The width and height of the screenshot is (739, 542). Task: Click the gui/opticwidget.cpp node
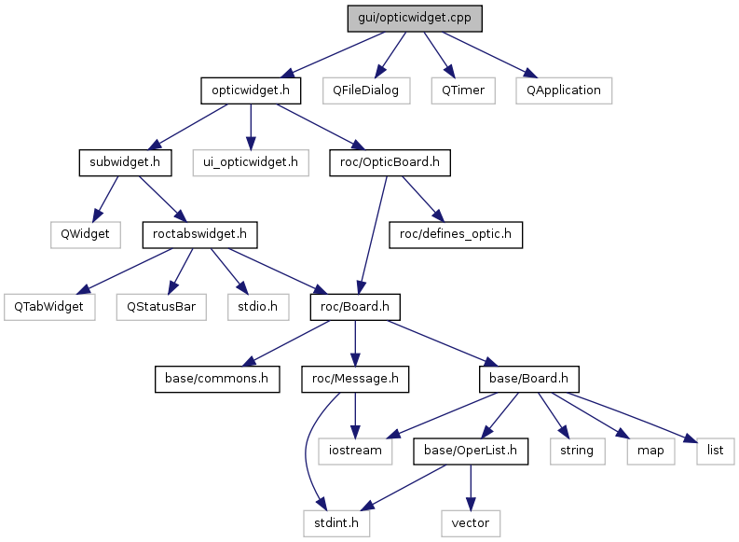[x=415, y=19]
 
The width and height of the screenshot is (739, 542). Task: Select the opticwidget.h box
[x=251, y=90]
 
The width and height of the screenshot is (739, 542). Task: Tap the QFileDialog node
[x=366, y=90]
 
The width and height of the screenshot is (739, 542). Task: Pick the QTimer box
[x=463, y=90]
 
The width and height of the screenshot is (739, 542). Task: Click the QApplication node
[x=564, y=90]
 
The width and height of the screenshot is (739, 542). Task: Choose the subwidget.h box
[x=125, y=162]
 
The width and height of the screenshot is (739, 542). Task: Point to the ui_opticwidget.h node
[x=251, y=162]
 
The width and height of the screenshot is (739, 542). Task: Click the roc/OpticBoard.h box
[x=390, y=162]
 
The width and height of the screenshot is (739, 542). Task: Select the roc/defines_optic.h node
[x=456, y=234]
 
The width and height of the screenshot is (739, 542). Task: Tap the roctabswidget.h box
[x=199, y=234]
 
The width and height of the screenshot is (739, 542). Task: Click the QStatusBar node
[x=161, y=307]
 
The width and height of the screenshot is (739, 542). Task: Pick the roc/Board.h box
[x=355, y=307]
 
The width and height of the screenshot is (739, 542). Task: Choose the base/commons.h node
[x=217, y=379]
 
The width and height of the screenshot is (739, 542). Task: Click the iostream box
[x=355, y=451]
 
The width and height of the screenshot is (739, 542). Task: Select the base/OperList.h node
[x=471, y=451]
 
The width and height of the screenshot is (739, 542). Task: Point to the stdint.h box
[x=336, y=523]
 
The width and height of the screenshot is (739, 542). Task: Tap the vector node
[x=471, y=523]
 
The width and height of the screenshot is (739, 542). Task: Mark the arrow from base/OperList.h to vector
[x=471, y=487]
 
